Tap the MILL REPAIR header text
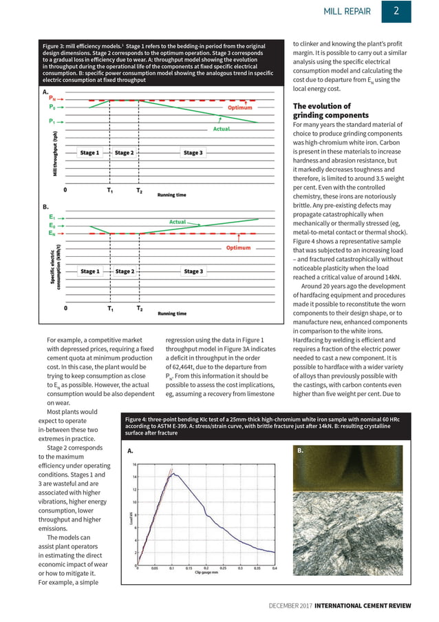pyautogui.click(x=347, y=12)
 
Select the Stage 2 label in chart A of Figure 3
pyautogui.click(x=125, y=153)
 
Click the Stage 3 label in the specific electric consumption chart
pyautogui.click(x=193, y=271)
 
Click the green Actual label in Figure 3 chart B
pyautogui.click(x=178, y=222)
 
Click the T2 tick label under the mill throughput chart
pyautogui.click(x=139, y=190)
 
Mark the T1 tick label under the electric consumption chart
pyautogui.click(x=111, y=309)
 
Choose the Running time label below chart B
pyautogui.click(x=171, y=314)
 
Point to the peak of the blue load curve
pyautogui.click(x=173, y=474)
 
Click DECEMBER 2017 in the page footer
pyautogui.click(x=291, y=605)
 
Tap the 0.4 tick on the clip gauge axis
pyautogui.click(x=275, y=568)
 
